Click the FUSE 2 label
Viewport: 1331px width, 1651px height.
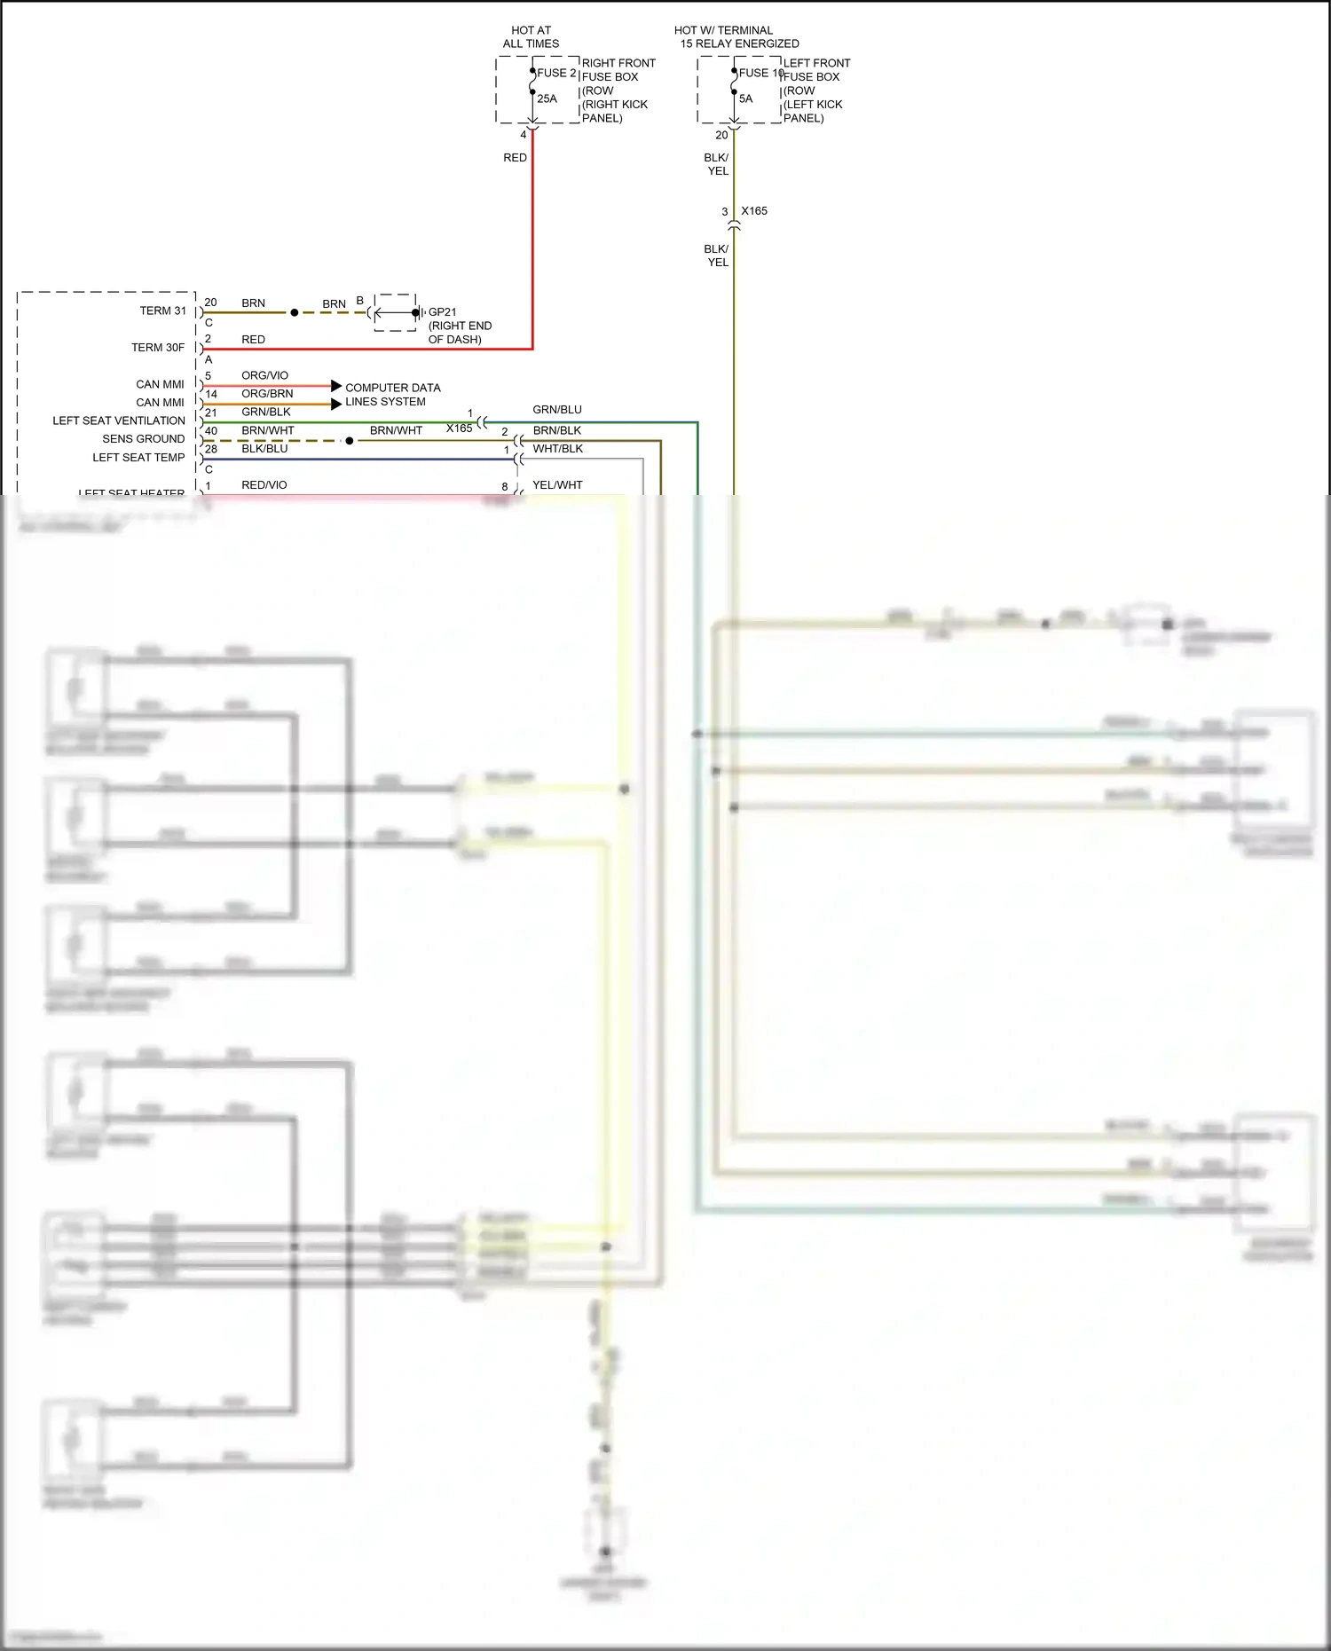pos(556,73)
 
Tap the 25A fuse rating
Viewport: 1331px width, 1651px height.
pos(547,98)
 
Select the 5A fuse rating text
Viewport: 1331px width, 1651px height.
pos(745,98)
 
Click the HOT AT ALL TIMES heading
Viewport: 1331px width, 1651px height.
pos(531,36)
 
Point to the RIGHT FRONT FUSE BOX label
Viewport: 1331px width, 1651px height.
pos(618,69)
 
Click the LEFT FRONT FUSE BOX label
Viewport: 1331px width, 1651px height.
pos(816,69)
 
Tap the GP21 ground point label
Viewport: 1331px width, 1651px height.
pos(442,311)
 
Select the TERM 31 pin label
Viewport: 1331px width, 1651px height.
pos(162,311)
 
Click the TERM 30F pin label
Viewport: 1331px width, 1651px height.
pos(158,347)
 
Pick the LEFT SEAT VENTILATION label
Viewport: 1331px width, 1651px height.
pos(119,421)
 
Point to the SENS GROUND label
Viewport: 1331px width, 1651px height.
pos(143,438)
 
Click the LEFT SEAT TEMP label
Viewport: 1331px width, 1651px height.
pos(138,457)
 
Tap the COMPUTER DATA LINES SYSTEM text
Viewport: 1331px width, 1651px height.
pos(392,394)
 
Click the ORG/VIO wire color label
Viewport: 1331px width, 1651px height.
pos(264,375)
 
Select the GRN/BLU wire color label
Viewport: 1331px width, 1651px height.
pos(557,409)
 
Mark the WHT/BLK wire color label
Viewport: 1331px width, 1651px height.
pos(557,448)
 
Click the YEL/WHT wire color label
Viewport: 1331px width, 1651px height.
pos(557,484)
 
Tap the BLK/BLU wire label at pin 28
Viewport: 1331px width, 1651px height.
pos(264,448)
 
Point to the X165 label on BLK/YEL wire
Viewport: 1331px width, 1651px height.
pos(754,210)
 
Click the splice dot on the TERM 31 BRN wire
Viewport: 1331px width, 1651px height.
pos(295,312)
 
